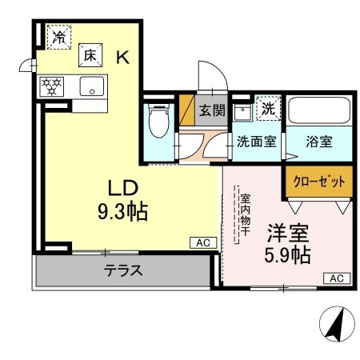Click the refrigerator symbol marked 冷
(x=58, y=37)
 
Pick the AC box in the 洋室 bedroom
(x=336, y=278)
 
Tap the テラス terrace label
(x=123, y=270)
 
